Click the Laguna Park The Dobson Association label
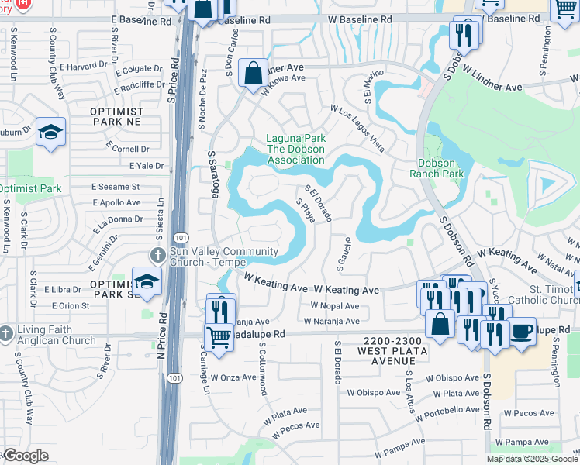pos(295,150)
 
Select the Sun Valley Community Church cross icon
pos(157,255)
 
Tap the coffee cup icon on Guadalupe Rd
pos(522,331)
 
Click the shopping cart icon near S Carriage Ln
pos(219,337)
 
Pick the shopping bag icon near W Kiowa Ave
pos(253,74)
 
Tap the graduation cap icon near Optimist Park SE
pos(147,281)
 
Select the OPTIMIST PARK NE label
pos(117,117)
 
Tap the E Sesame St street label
pos(116,187)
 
